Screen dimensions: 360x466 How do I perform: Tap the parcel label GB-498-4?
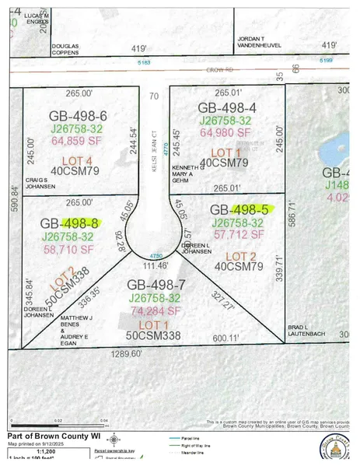225,107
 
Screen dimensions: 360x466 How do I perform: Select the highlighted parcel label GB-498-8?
69,224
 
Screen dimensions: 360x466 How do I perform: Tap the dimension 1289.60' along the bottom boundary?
127,352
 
